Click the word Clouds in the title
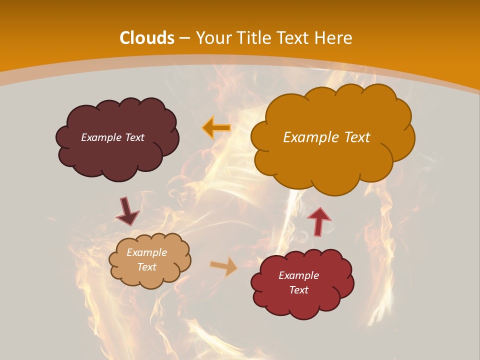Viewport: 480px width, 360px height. point(147,38)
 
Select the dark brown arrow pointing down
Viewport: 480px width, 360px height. point(126,211)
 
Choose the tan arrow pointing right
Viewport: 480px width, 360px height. point(224,266)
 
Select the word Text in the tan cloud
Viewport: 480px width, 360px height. point(147,267)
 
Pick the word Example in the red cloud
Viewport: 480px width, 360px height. point(298,275)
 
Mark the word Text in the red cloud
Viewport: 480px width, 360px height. point(298,290)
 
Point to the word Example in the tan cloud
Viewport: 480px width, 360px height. point(146,252)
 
